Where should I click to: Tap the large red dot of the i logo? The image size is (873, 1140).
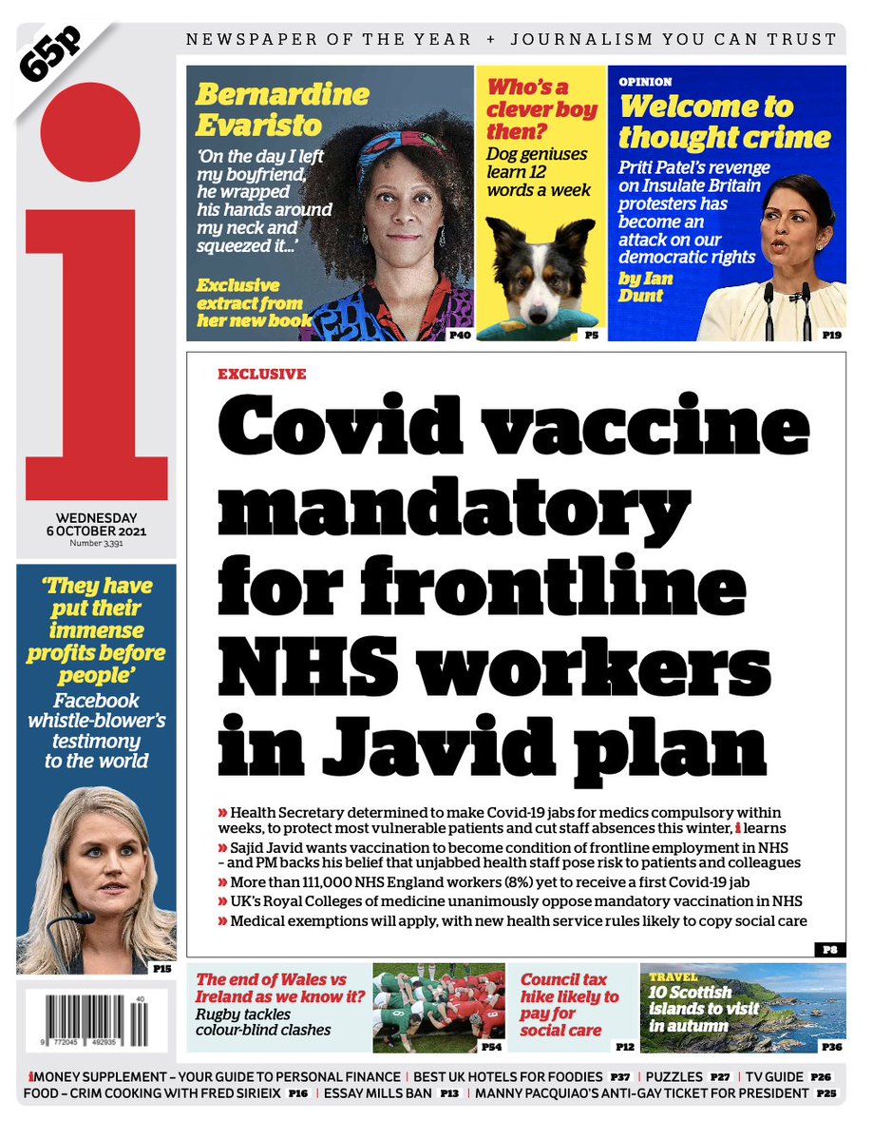[x=91, y=132]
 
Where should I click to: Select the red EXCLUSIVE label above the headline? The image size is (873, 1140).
[x=261, y=375]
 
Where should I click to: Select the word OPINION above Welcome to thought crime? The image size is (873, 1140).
[x=645, y=83]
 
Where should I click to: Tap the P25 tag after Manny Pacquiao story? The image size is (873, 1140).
[x=826, y=1094]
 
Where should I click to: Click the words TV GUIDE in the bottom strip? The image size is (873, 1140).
[x=769, y=1077]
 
